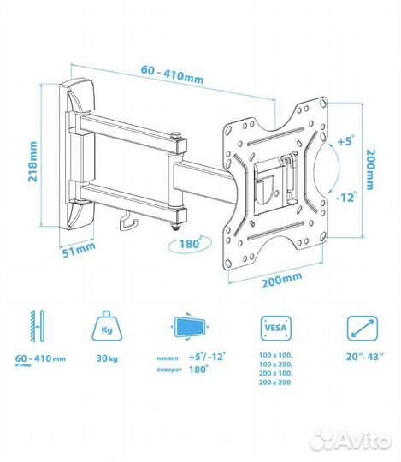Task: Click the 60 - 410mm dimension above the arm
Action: pos(172,74)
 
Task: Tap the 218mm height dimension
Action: pos(32,162)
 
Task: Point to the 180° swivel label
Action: pos(190,243)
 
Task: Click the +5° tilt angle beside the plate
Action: pos(345,140)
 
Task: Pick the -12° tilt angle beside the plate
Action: pos(345,197)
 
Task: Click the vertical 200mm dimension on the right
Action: pos(369,169)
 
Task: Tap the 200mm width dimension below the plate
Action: pos(282,280)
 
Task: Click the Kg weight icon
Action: pos(107,326)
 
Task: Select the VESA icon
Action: pos(276,329)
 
